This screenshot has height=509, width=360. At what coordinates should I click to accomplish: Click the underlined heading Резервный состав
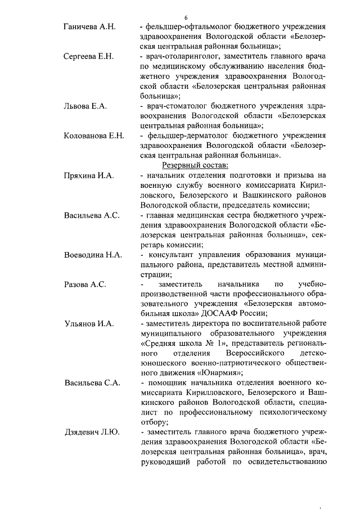[x=195, y=165]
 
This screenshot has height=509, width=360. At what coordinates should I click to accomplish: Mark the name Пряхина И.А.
[x=89, y=175]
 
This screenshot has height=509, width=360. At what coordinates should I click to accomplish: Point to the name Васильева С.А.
[x=92, y=383]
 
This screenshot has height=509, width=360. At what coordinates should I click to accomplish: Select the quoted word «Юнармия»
[x=220, y=373]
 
